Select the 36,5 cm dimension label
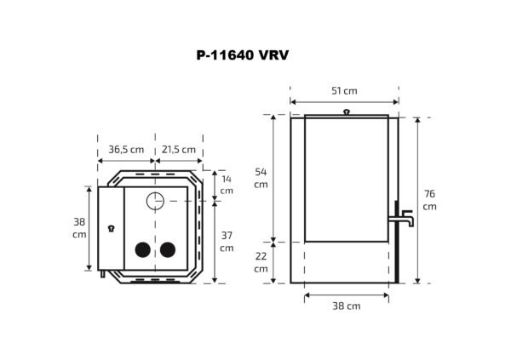(125, 149)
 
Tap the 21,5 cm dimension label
(179, 149)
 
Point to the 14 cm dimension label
(226, 185)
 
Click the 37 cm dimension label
(226, 241)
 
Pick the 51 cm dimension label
(344, 91)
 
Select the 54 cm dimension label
(261, 178)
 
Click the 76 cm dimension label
(429, 200)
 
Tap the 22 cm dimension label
(261, 262)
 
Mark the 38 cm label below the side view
(347, 306)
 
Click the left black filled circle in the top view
(142, 249)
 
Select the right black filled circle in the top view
(168, 249)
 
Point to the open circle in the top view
(155, 202)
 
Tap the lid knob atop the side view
(346, 111)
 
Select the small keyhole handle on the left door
(110, 228)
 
